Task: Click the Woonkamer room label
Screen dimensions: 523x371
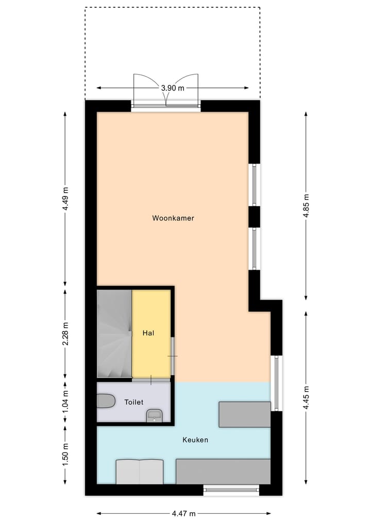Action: point(173,218)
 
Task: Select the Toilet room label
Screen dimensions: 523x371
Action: point(133,402)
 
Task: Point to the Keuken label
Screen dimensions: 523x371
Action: point(195,440)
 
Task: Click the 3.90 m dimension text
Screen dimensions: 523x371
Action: point(172,88)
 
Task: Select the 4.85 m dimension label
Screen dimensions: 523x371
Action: point(306,206)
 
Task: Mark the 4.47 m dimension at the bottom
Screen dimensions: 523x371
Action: point(184,513)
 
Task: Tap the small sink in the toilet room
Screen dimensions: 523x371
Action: point(154,415)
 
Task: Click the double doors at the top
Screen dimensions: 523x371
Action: point(165,93)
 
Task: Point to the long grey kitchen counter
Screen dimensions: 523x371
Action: point(223,472)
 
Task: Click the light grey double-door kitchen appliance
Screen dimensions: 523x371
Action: point(139,472)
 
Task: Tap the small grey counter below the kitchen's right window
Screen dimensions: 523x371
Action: point(244,414)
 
